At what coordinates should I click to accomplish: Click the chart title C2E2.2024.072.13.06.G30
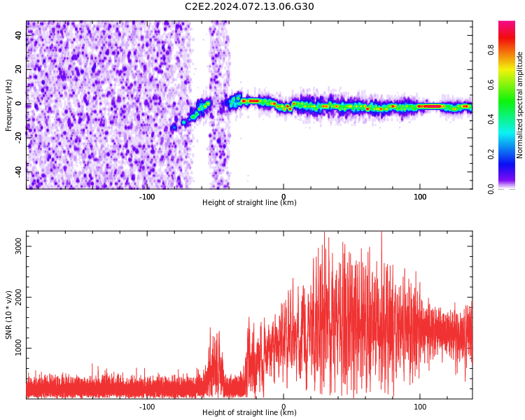coord(249,6)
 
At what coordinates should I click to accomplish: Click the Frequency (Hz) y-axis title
coord(8,105)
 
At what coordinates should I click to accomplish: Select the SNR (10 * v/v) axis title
coord(8,315)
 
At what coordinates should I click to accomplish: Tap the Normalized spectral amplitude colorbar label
coord(519,105)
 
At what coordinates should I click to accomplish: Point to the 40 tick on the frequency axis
coord(18,35)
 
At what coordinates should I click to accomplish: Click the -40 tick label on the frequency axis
coord(18,172)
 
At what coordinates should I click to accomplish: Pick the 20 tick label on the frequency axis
coord(18,69)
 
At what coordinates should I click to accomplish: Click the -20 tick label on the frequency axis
coord(18,138)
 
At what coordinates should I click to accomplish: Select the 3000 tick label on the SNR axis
coord(18,246)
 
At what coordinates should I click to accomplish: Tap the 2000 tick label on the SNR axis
coord(18,297)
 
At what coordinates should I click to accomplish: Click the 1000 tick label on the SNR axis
coord(18,348)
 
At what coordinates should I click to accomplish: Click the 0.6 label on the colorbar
coord(491,85)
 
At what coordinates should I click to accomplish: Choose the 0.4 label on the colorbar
coord(491,120)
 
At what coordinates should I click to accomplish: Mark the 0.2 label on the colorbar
coord(491,155)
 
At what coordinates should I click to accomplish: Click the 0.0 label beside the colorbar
coord(491,189)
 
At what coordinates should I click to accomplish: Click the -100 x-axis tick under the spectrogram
coord(147,197)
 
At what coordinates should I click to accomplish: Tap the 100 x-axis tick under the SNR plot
coord(420,407)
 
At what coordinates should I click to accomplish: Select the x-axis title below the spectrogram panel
coord(249,202)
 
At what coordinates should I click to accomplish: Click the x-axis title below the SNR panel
coord(249,412)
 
